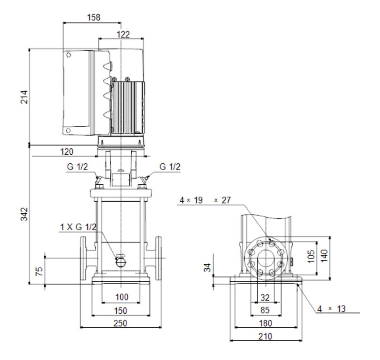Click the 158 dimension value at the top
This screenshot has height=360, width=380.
click(x=94, y=17)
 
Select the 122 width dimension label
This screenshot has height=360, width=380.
click(x=123, y=35)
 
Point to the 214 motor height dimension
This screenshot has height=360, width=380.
click(x=24, y=97)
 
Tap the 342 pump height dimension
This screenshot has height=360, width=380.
click(x=24, y=214)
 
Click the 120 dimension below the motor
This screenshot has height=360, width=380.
click(x=66, y=152)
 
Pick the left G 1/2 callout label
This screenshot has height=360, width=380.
click(x=77, y=166)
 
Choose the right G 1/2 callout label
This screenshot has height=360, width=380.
click(x=170, y=166)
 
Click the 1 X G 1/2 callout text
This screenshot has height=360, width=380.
click(x=78, y=227)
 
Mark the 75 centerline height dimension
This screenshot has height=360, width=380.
click(x=39, y=271)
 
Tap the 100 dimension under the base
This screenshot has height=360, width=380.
click(x=122, y=297)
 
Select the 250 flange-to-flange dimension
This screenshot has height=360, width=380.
click(x=120, y=323)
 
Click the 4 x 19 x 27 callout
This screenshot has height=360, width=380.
click(x=205, y=200)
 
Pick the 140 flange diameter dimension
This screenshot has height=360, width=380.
click(x=324, y=256)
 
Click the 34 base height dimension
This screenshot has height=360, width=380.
click(x=207, y=268)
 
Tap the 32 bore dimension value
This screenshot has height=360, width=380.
click(x=265, y=298)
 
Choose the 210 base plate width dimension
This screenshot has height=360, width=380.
click(x=265, y=336)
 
